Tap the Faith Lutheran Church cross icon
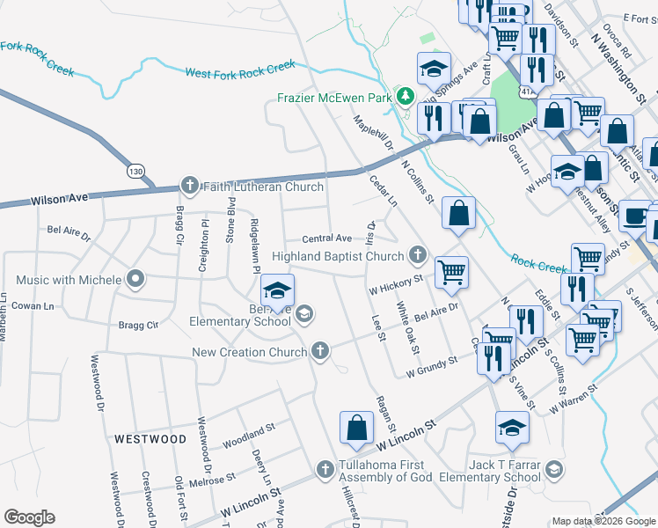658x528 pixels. (x=189, y=186)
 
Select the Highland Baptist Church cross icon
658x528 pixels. (x=417, y=256)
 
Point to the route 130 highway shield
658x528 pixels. (x=135, y=170)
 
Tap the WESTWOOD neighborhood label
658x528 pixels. (x=150, y=438)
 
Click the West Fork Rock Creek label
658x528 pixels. (x=239, y=70)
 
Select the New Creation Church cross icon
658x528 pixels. (x=321, y=352)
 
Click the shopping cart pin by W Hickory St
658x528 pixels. (x=451, y=273)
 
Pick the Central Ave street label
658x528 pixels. (x=326, y=238)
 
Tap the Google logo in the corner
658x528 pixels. (x=29, y=517)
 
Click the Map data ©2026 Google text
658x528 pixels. (x=603, y=521)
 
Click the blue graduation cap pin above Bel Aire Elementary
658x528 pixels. (x=277, y=290)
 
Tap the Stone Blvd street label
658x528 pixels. (x=231, y=224)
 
